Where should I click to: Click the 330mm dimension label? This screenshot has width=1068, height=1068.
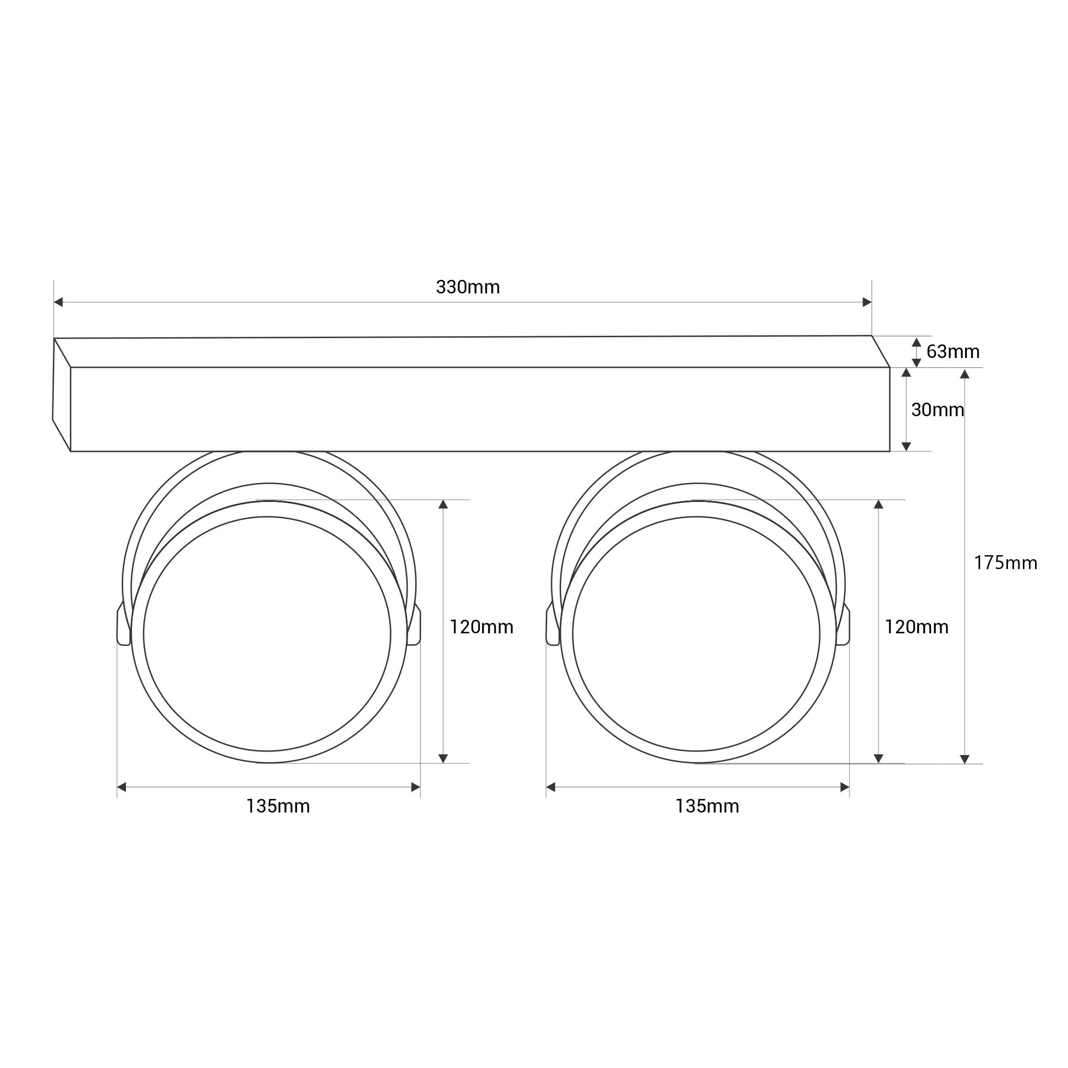[x=468, y=288]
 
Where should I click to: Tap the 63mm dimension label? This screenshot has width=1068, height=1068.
[x=952, y=352]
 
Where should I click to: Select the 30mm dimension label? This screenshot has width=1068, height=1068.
[x=938, y=409]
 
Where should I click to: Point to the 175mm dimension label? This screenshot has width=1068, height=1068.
[x=1005, y=563]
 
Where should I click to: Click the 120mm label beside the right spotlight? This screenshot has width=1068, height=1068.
[x=916, y=627]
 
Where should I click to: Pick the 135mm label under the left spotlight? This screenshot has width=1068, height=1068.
[x=278, y=807]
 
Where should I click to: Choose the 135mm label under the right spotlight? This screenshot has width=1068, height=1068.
[x=707, y=807]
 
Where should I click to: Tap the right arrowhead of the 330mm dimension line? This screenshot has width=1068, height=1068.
[x=867, y=302]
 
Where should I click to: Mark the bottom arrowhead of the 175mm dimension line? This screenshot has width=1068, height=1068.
[x=965, y=759]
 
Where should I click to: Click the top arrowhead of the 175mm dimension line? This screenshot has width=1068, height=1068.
[x=965, y=374]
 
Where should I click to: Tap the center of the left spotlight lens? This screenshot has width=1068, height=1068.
[x=267, y=634]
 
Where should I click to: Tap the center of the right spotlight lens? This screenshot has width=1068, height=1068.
[x=697, y=634]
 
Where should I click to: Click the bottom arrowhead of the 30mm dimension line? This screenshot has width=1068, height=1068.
[x=906, y=446]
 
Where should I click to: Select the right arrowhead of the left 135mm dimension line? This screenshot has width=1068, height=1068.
[x=415, y=787]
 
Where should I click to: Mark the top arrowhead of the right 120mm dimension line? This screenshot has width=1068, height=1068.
[x=878, y=505]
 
